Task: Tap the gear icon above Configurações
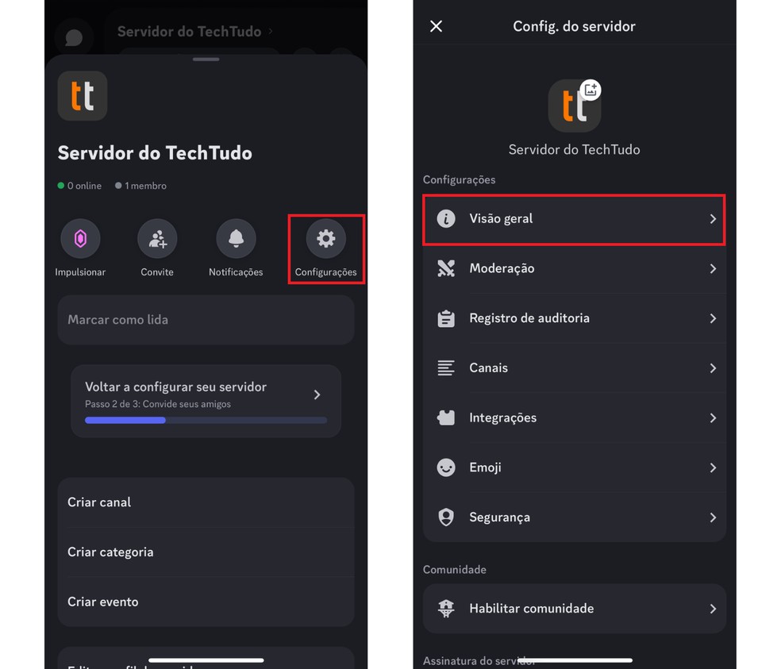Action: point(325,238)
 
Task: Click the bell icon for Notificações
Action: point(236,238)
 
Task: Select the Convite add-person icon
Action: point(157,238)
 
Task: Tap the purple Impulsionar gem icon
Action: point(80,238)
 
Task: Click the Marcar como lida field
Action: point(206,320)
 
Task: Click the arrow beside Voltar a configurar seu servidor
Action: point(317,394)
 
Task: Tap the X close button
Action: point(436,26)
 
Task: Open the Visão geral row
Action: point(574,218)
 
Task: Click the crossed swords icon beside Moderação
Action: point(446,268)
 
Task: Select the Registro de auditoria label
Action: point(529,318)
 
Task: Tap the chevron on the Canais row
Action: point(713,368)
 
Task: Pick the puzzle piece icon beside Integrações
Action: point(446,417)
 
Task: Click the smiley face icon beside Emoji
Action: point(446,467)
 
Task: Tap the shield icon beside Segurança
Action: point(446,517)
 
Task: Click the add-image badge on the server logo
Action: point(591,90)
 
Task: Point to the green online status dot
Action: point(61,186)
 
